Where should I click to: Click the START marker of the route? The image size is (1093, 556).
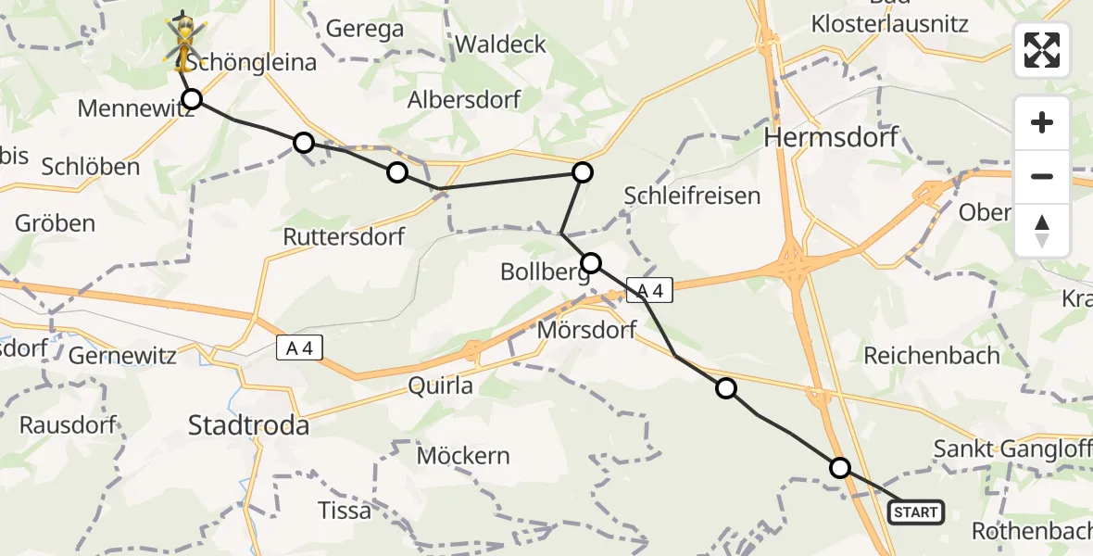click(x=916, y=512)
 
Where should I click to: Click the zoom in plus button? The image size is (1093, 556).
click(x=1042, y=122)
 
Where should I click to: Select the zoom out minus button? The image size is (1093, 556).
click(x=1042, y=176)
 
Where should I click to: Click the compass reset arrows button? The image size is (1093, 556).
click(x=1042, y=231)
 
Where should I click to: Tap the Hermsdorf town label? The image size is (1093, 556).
click(x=831, y=138)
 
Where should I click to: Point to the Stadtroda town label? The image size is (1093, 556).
click(x=248, y=425)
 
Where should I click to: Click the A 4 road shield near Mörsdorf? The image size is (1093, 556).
click(x=648, y=291)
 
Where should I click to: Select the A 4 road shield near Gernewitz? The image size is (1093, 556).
click(x=300, y=348)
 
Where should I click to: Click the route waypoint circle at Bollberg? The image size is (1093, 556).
click(x=591, y=262)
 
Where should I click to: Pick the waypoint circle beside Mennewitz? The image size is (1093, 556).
click(x=192, y=99)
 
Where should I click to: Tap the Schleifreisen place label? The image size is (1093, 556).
click(x=692, y=196)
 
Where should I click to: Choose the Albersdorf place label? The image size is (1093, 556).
click(x=464, y=99)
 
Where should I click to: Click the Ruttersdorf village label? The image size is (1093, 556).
click(x=344, y=236)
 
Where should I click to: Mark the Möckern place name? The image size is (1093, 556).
click(x=463, y=455)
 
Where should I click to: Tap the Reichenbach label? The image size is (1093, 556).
click(x=932, y=355)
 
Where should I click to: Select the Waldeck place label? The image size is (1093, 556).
click(x=500, y=44)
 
